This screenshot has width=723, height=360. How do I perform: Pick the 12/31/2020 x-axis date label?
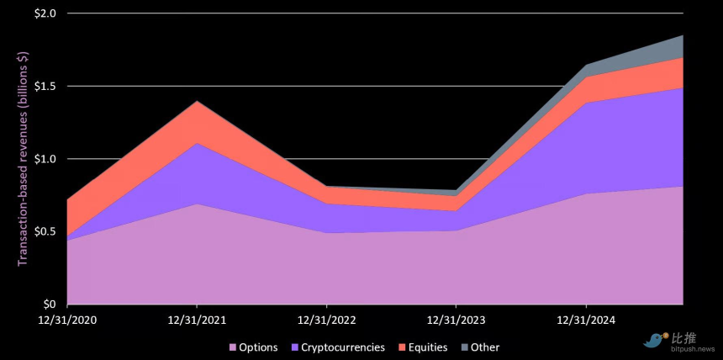pyautogui.click(x=67, y=320)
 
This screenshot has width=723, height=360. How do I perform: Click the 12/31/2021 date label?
pyautogui.click(x=197, y=320)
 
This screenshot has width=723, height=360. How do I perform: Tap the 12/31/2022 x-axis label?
pyautogui.click(x=327, y=320)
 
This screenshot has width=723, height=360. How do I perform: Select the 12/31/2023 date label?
pyautogui.click(x=456, y=320)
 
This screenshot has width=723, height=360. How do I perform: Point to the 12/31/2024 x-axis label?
pyautogui.click(x=586, y=320)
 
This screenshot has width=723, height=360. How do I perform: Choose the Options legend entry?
pyautogui.click(x=259, y=347)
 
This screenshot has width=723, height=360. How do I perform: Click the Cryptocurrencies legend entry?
pyautogui.click(x=343, y=347)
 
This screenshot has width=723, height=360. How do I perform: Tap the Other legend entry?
pyautogui.click(x=484, y=347)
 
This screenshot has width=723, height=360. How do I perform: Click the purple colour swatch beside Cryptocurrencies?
pyautogui.click(x=294, y=347)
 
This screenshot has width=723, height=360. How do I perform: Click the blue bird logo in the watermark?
pyautogui.click(x=653, y=340)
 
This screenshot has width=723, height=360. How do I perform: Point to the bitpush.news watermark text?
pyautogui.click(x=694, y=347)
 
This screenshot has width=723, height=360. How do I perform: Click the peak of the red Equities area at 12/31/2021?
pyautogui.click(x=197, y=103)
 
